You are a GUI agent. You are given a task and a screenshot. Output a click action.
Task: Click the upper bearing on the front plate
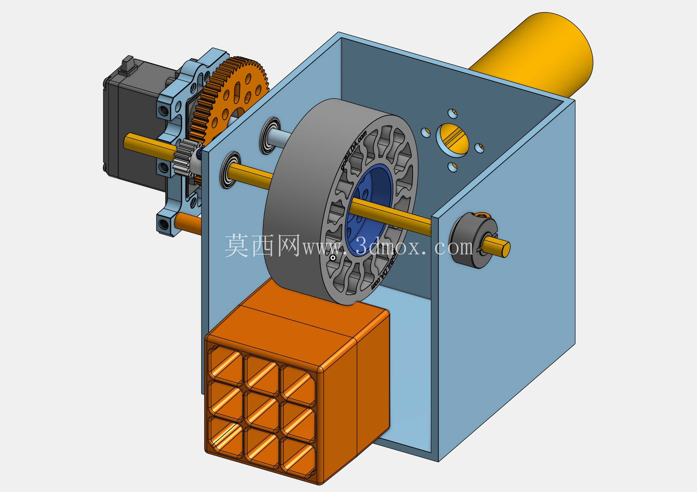(270, 136)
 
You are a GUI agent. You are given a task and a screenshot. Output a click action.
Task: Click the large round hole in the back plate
(452, 139)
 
